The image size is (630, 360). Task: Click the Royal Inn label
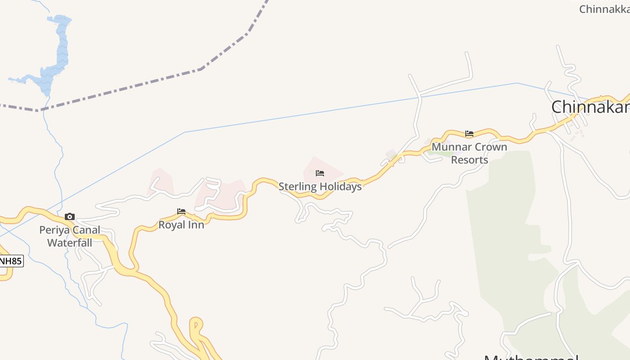[x=181, y=225]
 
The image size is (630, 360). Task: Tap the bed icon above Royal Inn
[x=181, y=211]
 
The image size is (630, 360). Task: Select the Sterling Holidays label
[x=320, y=186]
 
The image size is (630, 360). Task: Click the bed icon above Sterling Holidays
[x=320, y=173]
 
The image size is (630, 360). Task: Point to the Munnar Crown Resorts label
[x=469, y=153]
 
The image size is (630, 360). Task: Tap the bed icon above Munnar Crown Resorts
[x=469, y=133]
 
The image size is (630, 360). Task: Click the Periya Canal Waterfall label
[x=70, y=236]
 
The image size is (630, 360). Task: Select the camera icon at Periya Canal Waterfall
[x=70, y=217]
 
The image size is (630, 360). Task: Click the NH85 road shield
[x=10, y=261]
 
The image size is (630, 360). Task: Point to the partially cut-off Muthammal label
[x=531, y=356]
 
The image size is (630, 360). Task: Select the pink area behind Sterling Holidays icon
[x=331, y=169]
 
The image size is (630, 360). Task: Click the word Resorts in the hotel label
[x=469, y=160]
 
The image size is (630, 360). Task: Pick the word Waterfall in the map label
[x=70, y=243]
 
